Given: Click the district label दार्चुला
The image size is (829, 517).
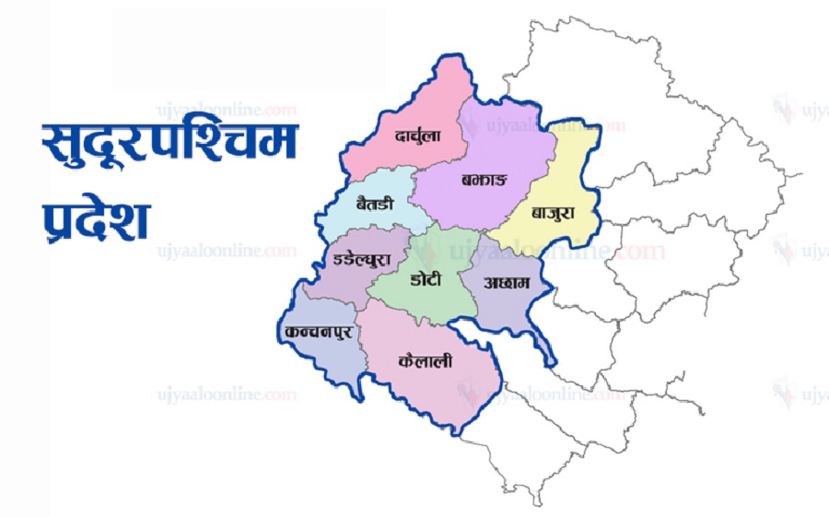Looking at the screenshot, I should tap(417, 135).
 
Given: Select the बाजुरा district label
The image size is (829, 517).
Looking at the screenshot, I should tap(553, 212).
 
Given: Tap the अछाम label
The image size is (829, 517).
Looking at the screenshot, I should tap(507, 284).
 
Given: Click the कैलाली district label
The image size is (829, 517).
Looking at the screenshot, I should tap(426, 362).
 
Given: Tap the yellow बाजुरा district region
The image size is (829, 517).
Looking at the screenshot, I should tap(566, 175).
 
